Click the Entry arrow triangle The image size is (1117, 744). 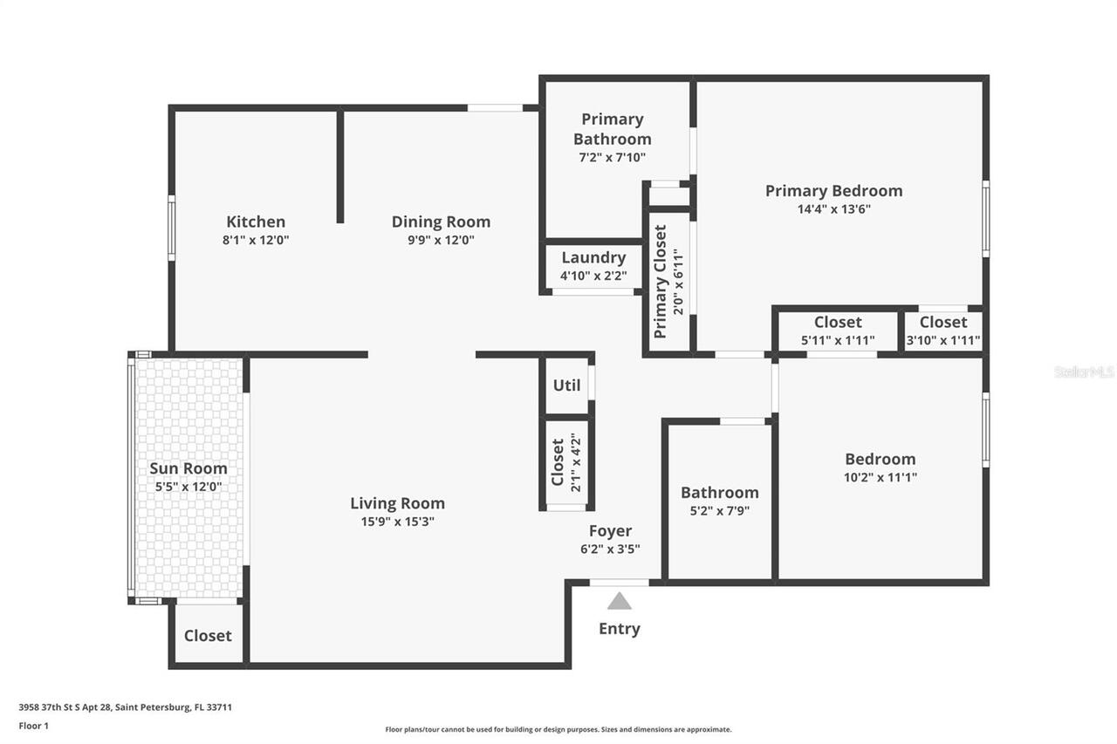pyautogui.click(x=619, y=601)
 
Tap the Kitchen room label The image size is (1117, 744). pyautogui.click(x=256, y=222)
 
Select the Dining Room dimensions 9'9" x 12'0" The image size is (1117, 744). pyautogui.click(x=441, y=241)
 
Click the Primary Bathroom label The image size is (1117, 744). pyautogui.click(x=612, y=128)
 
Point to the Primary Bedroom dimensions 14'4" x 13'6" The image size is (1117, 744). pyautogui.click(x=833, y=209)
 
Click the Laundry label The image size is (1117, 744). pyautogui.click(x=593, y=257)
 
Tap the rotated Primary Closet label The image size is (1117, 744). pyautogui.click(x=661, y=282)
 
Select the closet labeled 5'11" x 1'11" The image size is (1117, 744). pyautogui.click(x=838, y=331)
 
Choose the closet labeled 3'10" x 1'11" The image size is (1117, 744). pyautogui.click(x=942, y=331)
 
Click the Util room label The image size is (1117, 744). pyautogui.click(x=566, y=385)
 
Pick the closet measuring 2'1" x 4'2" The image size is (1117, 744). pyautogui.click(x=565, y=462)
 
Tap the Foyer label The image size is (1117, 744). pyautogui.click(x=610, y=530)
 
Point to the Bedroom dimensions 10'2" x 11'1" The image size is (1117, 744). pyautogui.click(x=880, y=477)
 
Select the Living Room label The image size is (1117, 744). pyautogui.click(x=397, y=503)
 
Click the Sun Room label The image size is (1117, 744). pyautogui.click(x=188, y=468)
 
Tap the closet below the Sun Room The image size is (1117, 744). pyautogui.click(x=208, y=635)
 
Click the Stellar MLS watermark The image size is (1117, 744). pyautogui.click(x=1084, y=372)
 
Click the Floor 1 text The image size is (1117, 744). pyautogui.click(x=34, y=726)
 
